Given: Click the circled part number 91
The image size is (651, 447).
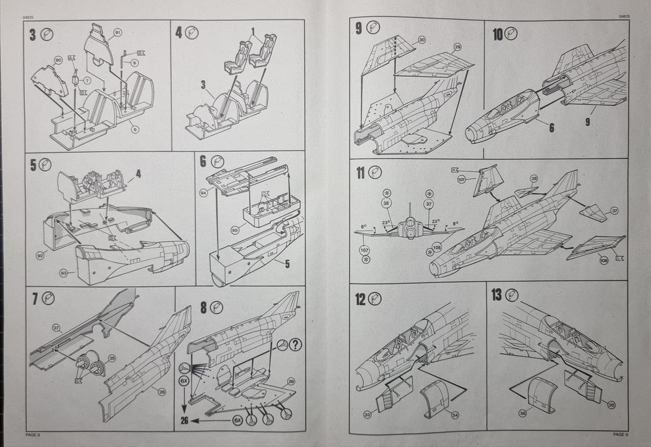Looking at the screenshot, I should pos(118,32).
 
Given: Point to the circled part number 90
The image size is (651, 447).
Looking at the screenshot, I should pos(58,61).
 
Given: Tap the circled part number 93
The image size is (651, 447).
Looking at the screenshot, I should pos(64,272).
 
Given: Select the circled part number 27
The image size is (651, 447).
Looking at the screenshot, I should pos(56,328).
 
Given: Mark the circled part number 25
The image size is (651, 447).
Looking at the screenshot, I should pos(111,358).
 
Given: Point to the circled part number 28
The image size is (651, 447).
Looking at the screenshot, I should pos(290,382).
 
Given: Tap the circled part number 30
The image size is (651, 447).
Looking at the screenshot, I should pos(422,40).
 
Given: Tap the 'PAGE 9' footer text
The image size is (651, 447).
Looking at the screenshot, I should pos(620,433).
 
